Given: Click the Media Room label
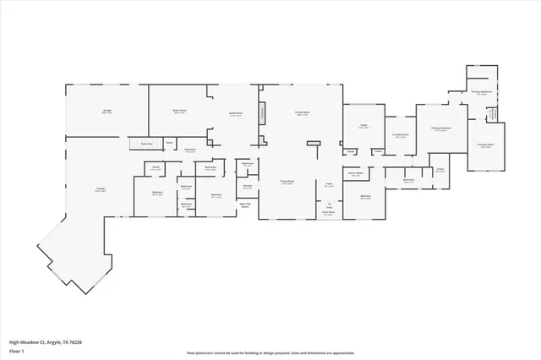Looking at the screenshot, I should (x=179, y=112).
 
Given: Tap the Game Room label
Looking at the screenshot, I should (x=236, y=114).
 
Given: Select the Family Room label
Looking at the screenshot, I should (x=302, y=112).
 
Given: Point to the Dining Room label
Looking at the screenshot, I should (x=287, y=182).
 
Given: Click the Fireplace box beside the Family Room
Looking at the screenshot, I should (x=262, y=112).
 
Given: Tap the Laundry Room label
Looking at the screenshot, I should (x=401, y=135).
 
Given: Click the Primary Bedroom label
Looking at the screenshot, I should (x=440, y=129).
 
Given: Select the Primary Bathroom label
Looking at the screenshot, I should (x=482, y=94).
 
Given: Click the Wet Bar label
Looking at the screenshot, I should (x=248, y=187).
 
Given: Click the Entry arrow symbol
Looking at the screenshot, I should (x=328, y=204).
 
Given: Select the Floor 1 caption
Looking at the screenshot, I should (x=17, y=350).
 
